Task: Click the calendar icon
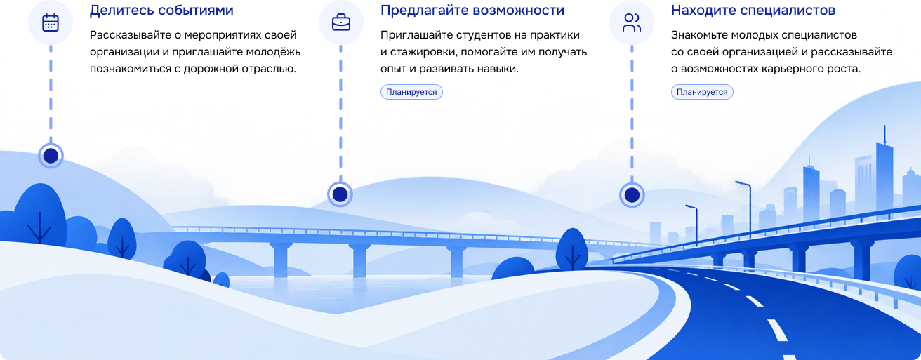tap(51, 22)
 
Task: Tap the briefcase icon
tap(341, 22)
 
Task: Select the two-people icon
tap(632, 22)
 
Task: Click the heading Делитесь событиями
tap(161, 11)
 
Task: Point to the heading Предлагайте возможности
tap(472, 11)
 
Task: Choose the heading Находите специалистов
tap(753, 11)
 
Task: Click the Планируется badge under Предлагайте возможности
tap(411, 92)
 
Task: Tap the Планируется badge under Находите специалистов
tap(702, 92)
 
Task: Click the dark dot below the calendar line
tap(51, 156)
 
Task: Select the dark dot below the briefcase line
tap(340, 194)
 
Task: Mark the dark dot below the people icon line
tap(632, 195)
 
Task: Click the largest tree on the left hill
tap(40, 215)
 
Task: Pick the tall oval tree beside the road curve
tap(572, 249)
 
